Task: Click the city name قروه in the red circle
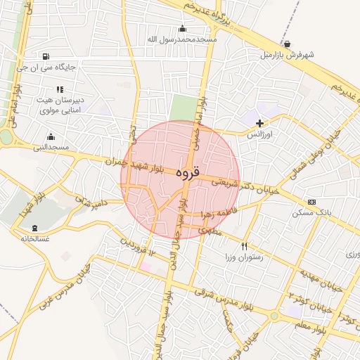click(x=188, y=172)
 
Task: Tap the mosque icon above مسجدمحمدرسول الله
click(x=183, y=28)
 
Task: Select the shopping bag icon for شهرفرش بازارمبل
click(x=287, y=44)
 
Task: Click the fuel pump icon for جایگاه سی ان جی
click(x=46, y=57)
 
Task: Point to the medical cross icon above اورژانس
click(x=260, y=123)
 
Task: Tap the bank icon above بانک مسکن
click(x=312, y=202)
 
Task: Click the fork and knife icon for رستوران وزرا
click(x=244, y=247)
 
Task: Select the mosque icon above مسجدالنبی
click(x=51, y=136)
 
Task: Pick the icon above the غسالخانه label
click(x=35, y=228)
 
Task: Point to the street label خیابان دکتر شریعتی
click(x=239, y=184)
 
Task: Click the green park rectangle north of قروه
click(x=183, y=108)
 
